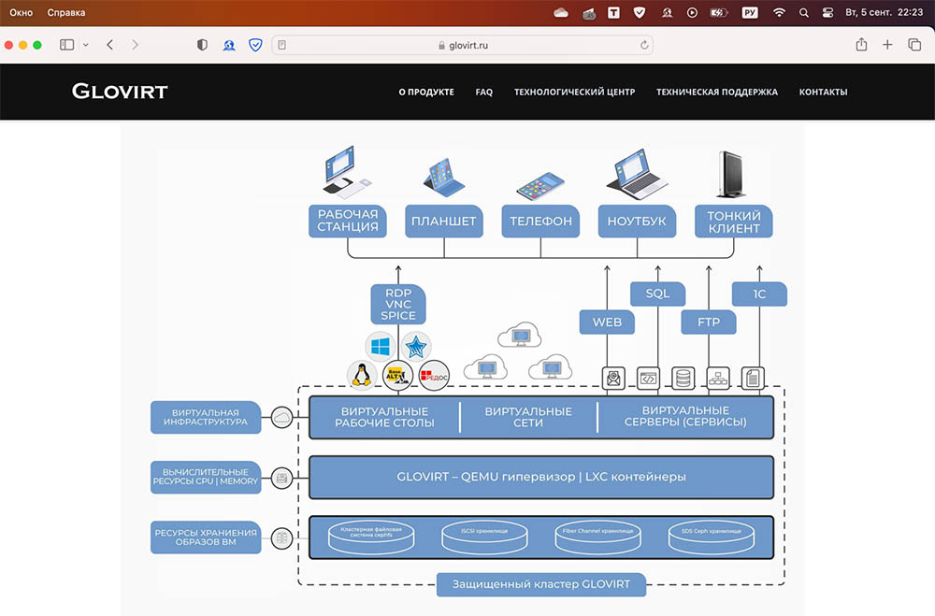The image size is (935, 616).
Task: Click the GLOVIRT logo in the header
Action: pos(120,92)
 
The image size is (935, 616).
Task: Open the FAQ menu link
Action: pos(483,93)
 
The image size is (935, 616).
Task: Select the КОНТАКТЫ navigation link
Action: pos(823,93)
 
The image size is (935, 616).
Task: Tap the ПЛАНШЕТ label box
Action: pos(444,222)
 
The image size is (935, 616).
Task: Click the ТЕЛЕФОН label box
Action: pos(540,222)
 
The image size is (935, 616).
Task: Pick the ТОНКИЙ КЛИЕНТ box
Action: pos(734,222)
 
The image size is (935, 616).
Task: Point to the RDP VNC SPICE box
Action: pos(398,303)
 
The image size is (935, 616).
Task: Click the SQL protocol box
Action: pos(658,294)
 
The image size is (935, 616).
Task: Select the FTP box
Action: pos(708,322)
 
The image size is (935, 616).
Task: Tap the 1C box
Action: pos(759,294)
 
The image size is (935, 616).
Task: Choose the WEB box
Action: pos(607,322)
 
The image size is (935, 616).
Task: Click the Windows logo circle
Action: pos(381,347)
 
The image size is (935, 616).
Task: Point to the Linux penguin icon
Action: pos(360,375)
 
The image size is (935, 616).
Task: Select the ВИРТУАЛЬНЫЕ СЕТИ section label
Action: pos(528,417)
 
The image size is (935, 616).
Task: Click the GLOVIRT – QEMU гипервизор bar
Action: pos(540,477)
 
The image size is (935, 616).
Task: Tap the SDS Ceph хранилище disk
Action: pos(710,536)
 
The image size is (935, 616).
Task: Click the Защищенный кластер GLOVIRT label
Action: pos(540,585)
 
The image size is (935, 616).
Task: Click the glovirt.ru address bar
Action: pos(463,45)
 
